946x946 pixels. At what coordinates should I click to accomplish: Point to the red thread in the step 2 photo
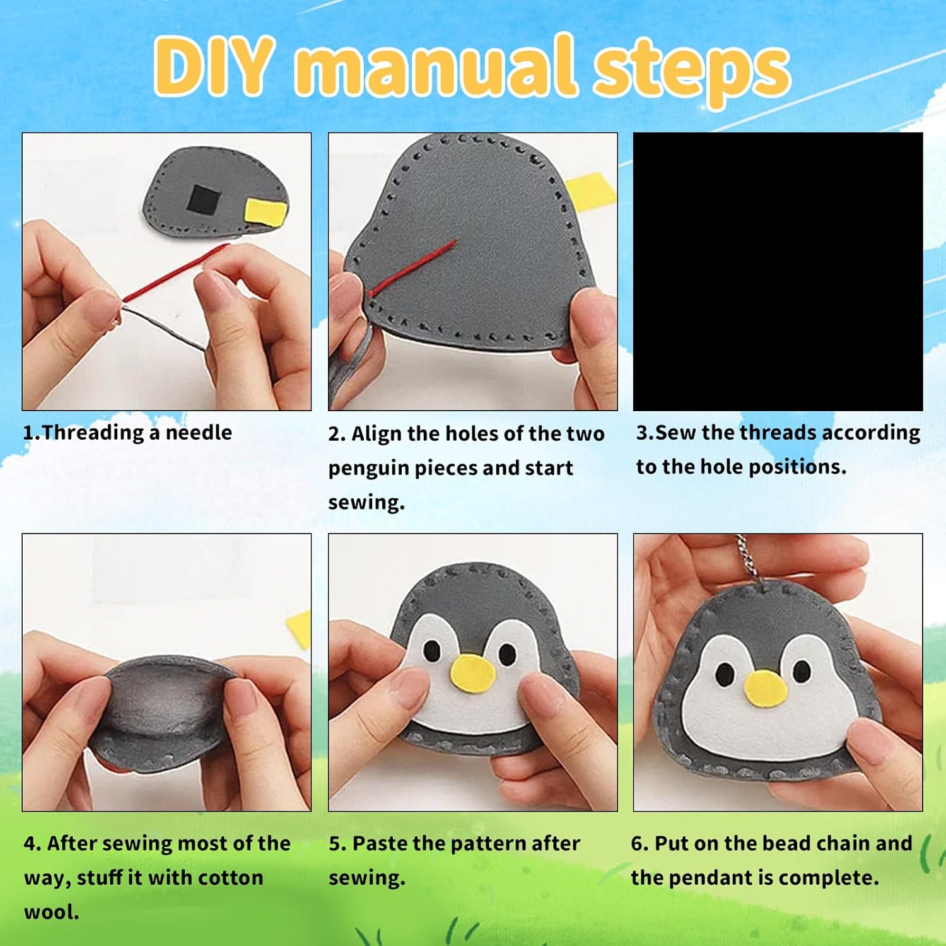[413, 267]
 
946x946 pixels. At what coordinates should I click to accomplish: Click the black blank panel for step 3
[778, 272]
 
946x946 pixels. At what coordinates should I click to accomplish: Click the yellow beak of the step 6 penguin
[766, 688]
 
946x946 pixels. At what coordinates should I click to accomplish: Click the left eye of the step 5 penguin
[432, 650]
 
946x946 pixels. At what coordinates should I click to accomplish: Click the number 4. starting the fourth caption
[33, 843]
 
